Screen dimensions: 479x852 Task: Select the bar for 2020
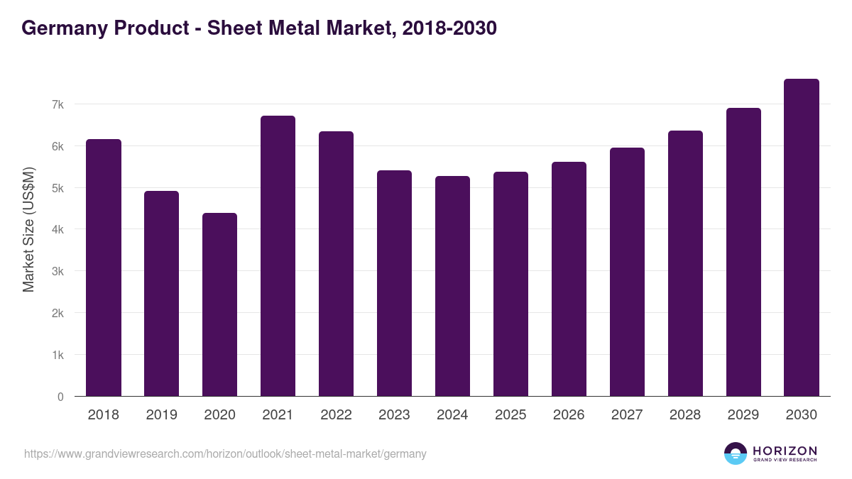219,304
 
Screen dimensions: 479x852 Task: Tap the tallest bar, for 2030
802,238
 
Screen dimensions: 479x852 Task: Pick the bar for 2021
278,256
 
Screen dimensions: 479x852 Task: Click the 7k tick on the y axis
58,104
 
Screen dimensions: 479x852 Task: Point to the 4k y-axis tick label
58,230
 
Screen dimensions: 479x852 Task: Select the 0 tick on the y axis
60,397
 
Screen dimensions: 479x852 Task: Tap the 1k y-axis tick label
58,355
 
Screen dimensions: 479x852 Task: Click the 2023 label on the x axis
394,415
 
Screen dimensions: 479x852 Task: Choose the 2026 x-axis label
569,415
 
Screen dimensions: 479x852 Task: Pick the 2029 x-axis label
743,415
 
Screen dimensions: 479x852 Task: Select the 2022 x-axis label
336,415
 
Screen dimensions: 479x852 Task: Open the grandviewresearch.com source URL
225,453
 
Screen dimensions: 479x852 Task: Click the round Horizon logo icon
736,453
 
